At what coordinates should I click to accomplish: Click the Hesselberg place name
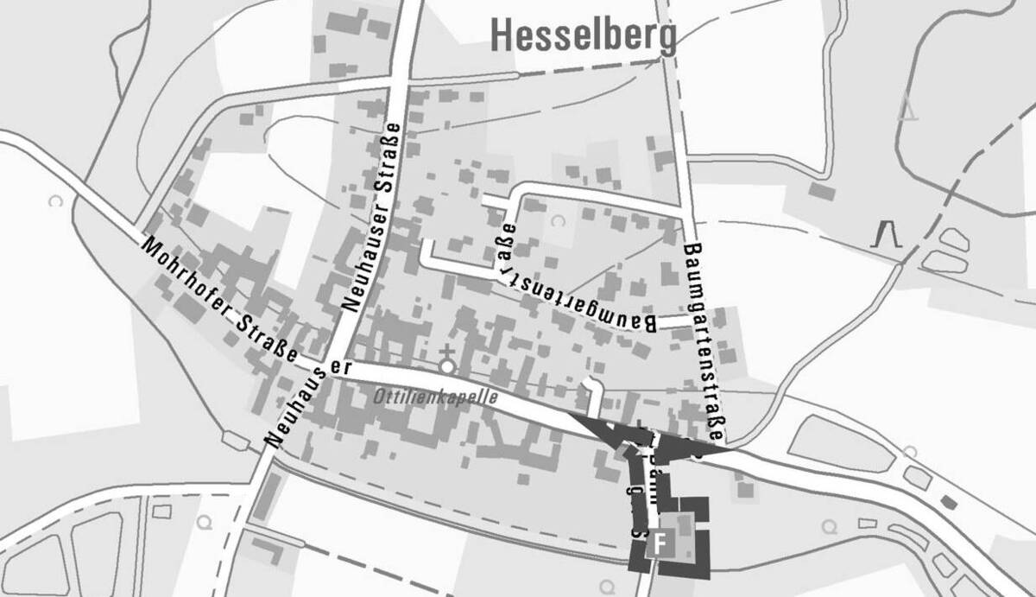[x=583, y=35]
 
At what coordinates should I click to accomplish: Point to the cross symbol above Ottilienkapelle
[x=446, y=351]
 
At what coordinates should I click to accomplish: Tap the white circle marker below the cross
[x=446, y=366]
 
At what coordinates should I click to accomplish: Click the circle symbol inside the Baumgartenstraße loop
[x=557, y=221]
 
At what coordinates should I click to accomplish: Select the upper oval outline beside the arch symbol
[x=953, y=238]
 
